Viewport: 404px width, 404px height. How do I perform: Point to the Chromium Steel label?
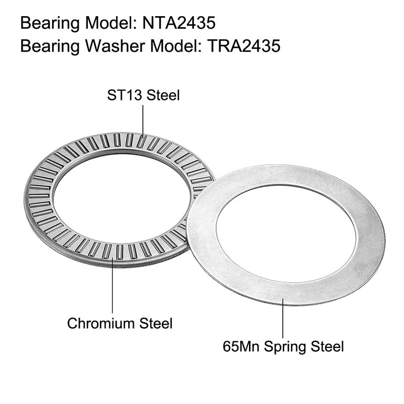pos(120,323)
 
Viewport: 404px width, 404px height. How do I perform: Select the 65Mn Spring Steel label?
pos(283,346)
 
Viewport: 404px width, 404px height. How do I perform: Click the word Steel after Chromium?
pos(155,323)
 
